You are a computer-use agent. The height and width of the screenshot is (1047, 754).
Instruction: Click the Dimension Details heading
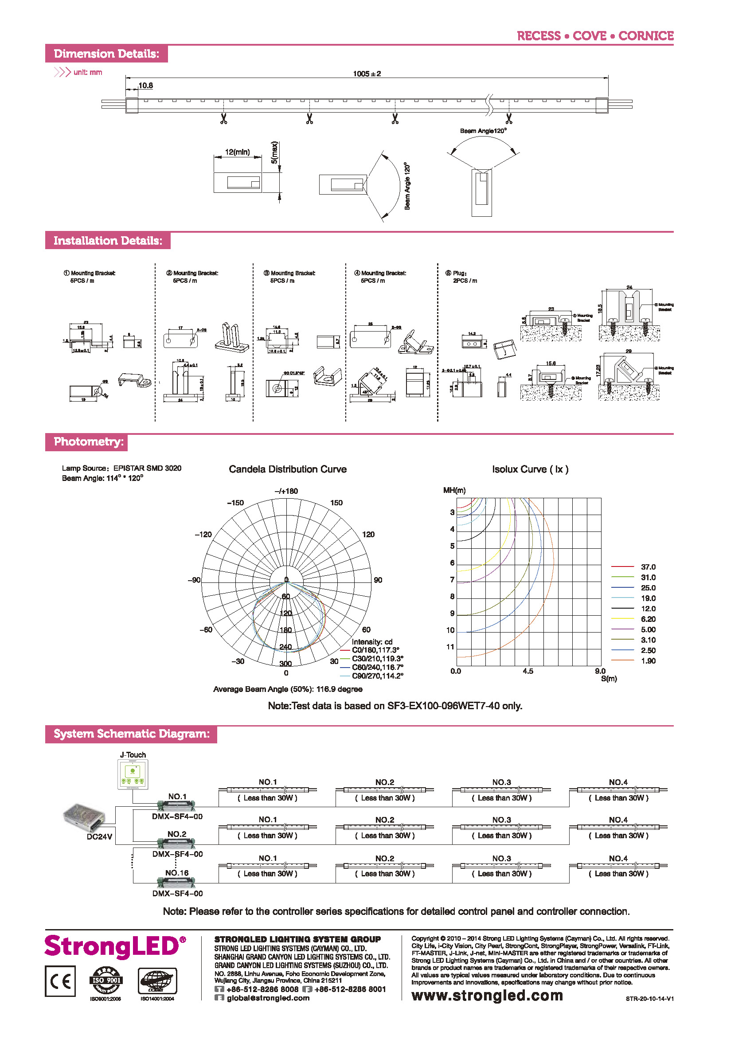pyautogui.click(x=106, y=54)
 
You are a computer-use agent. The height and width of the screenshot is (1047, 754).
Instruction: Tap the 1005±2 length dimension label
pyautogui.click(x=367, y=74)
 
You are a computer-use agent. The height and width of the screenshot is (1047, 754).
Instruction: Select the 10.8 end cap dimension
pyautogui.click(x=146, y=86)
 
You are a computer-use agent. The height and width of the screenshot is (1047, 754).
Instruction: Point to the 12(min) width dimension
pyautogui.click(x=237, y=152)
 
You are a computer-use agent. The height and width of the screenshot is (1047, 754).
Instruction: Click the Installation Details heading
pyautogui.click(x=108, y=241)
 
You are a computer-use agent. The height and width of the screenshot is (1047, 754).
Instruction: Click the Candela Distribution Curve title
pyautogui.click(x=288, y=469)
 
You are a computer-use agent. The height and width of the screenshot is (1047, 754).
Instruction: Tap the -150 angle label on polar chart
pyautogui.click(x=235, y=503)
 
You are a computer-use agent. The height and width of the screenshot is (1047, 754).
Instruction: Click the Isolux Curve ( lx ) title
pyautogui.click(x=530, y=469)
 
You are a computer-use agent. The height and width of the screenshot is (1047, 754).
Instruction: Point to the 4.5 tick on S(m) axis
pyautogui.click(x=528, y=671)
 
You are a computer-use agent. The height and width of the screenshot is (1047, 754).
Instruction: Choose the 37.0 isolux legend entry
pyautogui.click(x=648, y=567)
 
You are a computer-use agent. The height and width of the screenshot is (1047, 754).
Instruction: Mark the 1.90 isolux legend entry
pyautogui.click(x=648, y=661)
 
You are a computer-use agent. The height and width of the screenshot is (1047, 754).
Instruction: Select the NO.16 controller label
pyautogui.click(x=177, y=873)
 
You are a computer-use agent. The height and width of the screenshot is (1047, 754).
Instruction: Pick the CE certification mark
pyautogui.click(x=60, y=981)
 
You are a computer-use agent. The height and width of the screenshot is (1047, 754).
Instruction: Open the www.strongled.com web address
pyautogui.click(x=487, y=995)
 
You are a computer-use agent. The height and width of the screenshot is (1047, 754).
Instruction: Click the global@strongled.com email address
pyautogui.click(x=268, y=998)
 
